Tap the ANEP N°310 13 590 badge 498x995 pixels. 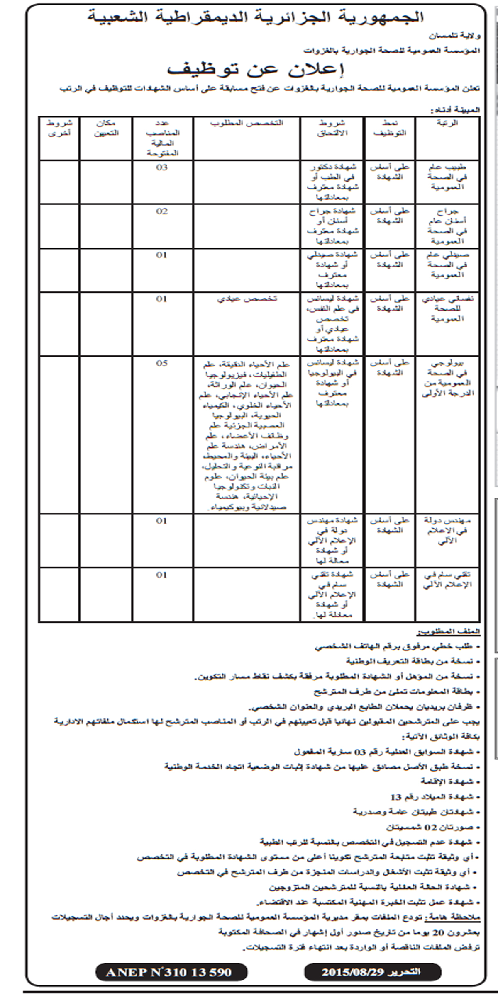tap(171, 972)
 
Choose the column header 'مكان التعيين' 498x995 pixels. tap(106, 128)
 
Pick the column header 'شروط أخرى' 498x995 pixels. tap(59, 128)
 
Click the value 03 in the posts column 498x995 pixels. tap(162, 167)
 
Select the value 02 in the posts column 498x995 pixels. tap(162, 211)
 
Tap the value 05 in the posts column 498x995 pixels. tap(162, 363)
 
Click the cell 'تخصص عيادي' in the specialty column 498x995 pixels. tap(247, 298)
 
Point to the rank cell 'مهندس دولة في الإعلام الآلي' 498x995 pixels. tap(447, 530)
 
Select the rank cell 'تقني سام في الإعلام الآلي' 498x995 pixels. tap(447, 580)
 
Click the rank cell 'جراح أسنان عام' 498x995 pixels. tap(447, 226)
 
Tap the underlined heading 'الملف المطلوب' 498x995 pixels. tap(449, 632)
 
